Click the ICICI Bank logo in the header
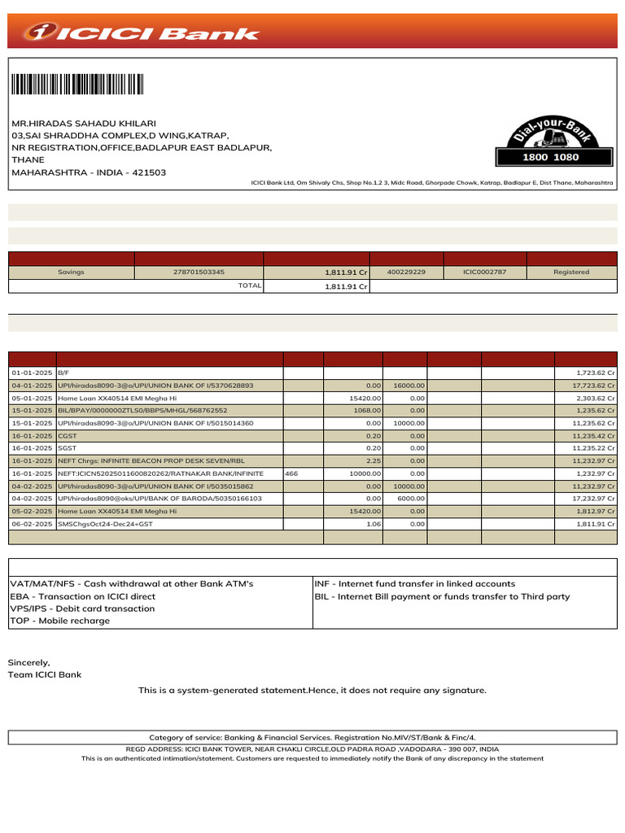pyautogui.click(x=142, y=33)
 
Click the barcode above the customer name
pyautogui.click(x=77, y=85)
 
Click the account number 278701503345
pyautogui.click(x=199, y=272)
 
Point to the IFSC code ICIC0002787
pyautogui.click(x=484, y=272)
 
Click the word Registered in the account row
pyautogui.click(x=570, y=272)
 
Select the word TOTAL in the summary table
pyautogui.click(x=249, y=286)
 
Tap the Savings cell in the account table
pyautogui.click(x=71, y=272)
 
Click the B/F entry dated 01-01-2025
pyautogui.click(x=63, y=373)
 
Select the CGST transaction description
pyautogui.click(x=67, y=436)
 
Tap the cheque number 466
pyautogui.click(x=292, y=473)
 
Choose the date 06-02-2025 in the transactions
pyautogui.click(x=32, y=524)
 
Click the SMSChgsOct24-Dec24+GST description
pyautogui.click(x=105, y=524)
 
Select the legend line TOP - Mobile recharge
pyautogui.click(x=59, y=621)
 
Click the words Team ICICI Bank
pyautogui.click(x=45, y=674)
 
